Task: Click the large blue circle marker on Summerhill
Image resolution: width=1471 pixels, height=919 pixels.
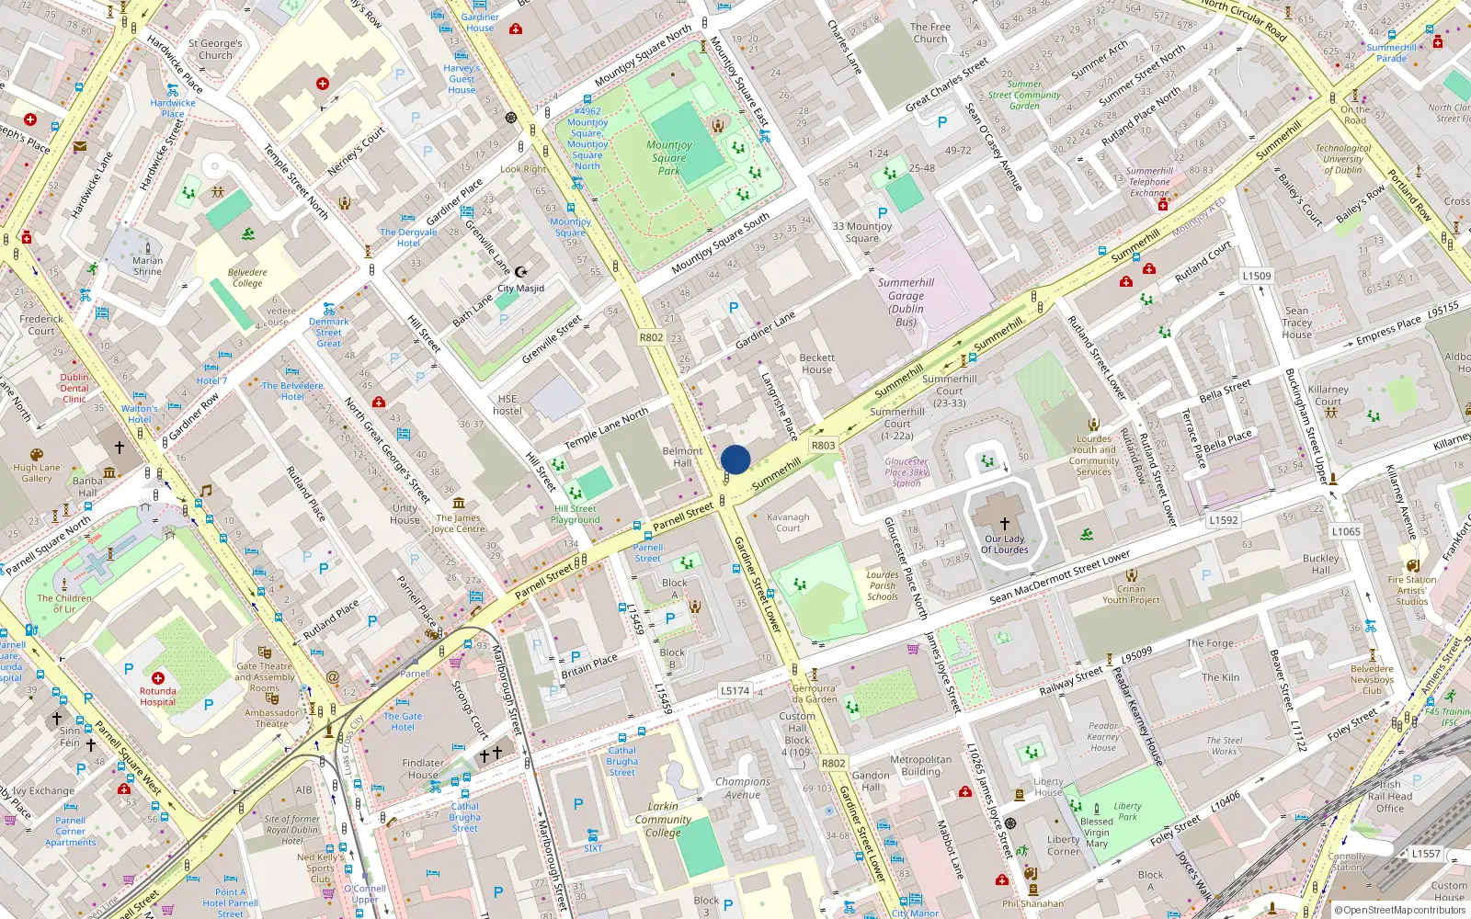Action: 735,459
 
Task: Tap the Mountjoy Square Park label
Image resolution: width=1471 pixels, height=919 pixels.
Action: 669,157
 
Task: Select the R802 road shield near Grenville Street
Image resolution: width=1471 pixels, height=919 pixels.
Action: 651,337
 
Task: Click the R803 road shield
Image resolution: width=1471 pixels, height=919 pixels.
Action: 823,446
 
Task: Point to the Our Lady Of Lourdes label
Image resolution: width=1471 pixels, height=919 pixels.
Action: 1004,544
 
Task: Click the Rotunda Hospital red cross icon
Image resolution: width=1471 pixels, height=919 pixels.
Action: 158,678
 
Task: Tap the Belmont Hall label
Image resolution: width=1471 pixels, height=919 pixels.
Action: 682,457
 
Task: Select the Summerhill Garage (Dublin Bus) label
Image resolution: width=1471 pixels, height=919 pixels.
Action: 906,302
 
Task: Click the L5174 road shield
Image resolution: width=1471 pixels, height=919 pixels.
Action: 735,690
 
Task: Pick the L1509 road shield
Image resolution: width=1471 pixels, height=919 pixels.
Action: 1256,276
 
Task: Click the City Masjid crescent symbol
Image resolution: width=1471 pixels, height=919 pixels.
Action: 521,272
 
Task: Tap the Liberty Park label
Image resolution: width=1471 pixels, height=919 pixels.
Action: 1127,811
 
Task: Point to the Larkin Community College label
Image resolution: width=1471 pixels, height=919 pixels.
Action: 663,819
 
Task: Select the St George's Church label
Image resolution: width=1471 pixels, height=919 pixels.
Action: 215,49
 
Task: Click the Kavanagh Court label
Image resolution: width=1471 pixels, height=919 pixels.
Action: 788,522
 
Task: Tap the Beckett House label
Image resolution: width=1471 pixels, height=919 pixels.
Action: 816,363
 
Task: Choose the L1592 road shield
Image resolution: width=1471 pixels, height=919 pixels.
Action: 1223,520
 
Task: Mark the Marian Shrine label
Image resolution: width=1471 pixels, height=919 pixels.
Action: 147,266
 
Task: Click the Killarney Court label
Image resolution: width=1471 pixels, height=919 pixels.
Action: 1328,395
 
